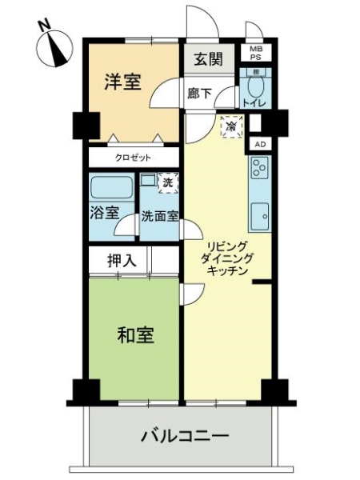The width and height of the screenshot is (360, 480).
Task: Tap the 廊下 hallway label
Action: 200,94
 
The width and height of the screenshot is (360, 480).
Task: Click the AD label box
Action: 259,144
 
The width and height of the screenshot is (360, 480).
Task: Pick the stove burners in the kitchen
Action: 259,167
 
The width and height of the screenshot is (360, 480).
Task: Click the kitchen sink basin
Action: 259,215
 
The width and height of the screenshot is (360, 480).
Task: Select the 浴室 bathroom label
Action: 104,214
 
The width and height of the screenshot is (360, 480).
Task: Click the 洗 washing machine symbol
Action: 167,182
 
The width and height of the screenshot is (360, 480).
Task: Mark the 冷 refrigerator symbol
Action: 231,125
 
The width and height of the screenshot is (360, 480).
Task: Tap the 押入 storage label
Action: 122,260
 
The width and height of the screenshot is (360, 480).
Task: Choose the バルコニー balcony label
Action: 185,437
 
